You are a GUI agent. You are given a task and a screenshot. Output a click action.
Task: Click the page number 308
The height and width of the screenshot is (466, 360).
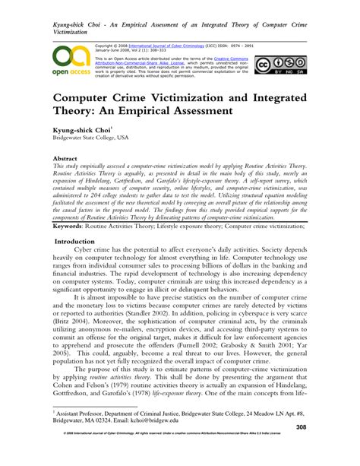pos(323,449)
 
